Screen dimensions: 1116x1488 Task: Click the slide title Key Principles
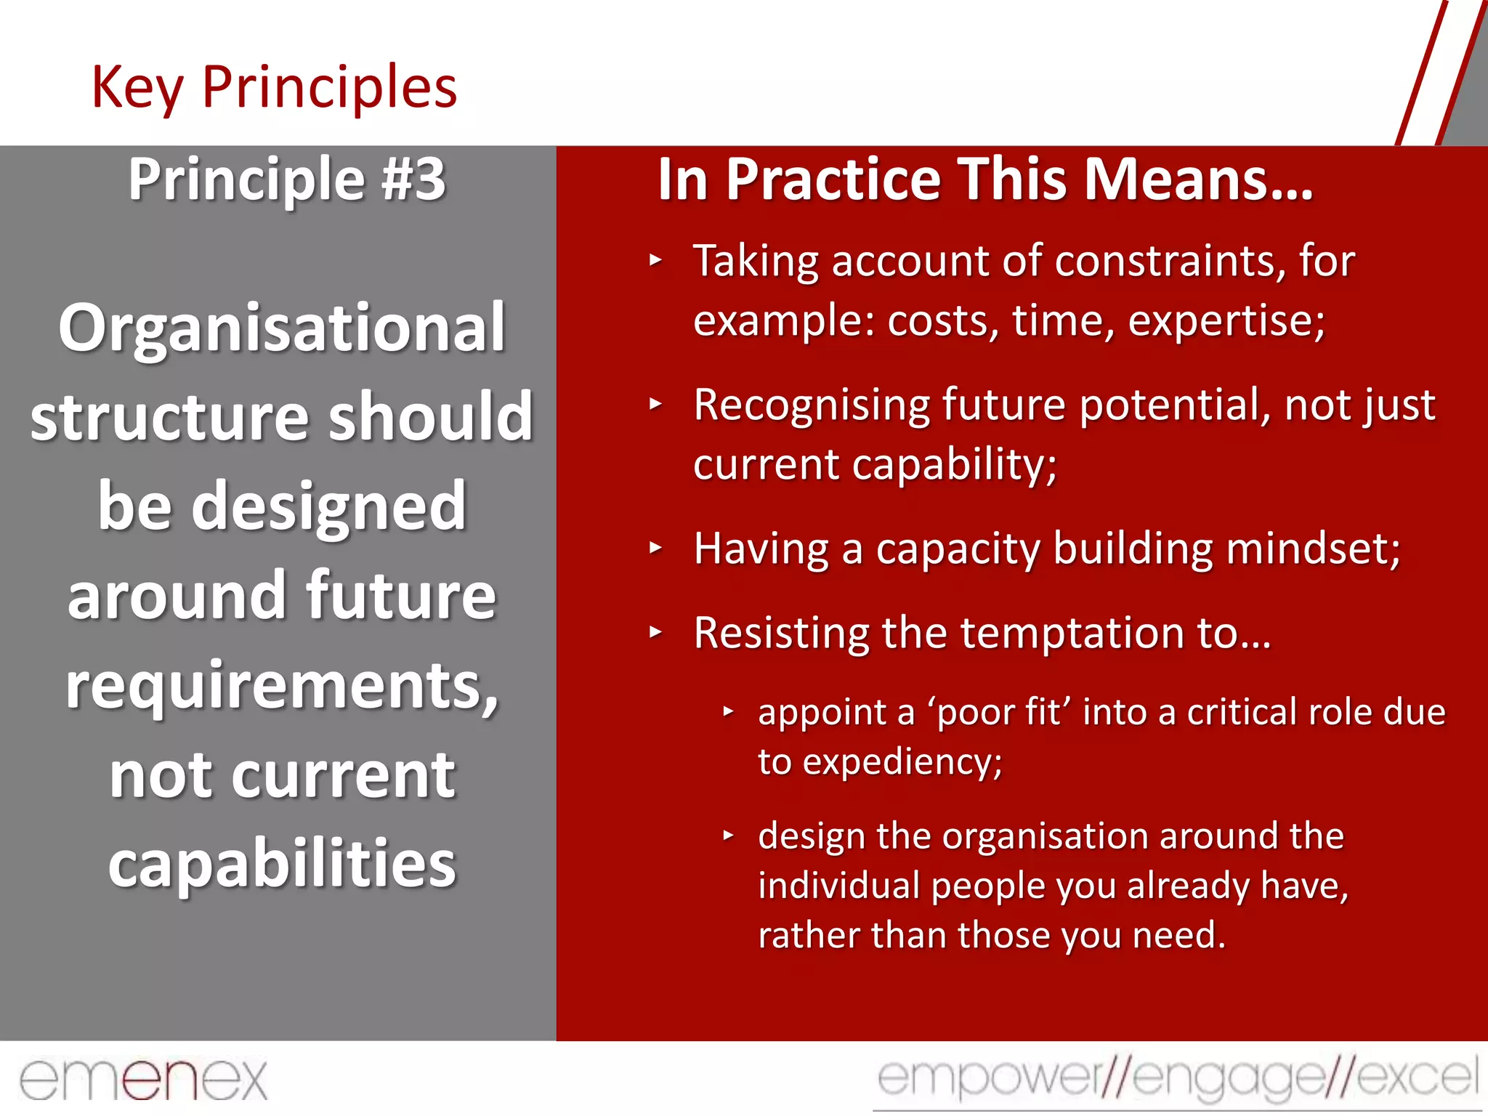[274, 88]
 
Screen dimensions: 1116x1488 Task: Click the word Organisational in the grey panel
[282, 328]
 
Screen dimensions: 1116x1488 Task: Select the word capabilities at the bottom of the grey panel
[282, 863]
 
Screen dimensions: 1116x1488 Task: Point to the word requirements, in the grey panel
[282, 687]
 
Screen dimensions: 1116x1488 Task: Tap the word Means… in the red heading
[1199, 179]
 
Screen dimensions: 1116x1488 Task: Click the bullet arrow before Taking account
[655, 259]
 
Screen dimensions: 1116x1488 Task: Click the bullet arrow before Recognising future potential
[655, 403]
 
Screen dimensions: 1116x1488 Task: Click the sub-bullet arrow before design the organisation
[728, 836]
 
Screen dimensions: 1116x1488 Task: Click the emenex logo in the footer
[144, 1080]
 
